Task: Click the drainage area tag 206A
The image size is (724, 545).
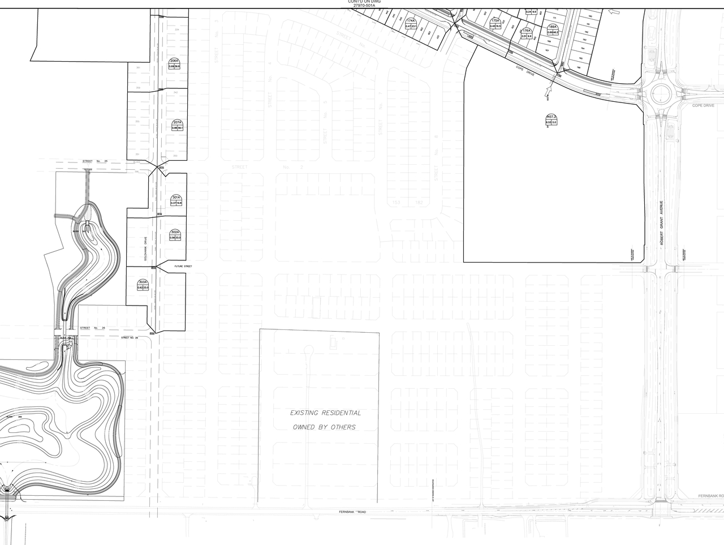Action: pos(174,64)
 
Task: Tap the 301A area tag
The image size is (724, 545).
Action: pos(176,200)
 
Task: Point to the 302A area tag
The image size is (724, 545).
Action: pos(175,235)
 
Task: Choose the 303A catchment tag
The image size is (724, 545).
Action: pos(143,285)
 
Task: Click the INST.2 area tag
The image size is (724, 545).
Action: pos(551,119)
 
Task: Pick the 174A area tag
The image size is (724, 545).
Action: pos(411,24)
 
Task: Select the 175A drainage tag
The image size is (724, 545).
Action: pos(495,23)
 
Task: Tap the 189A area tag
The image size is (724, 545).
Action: pos(553,30)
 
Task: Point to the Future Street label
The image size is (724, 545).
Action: pos(183,266)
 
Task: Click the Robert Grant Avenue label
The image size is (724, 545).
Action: pos(660,222)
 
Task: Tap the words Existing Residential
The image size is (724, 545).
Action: pos(325,413)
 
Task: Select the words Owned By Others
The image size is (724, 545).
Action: pos(324,427)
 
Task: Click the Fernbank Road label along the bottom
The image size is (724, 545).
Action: pos(352,512)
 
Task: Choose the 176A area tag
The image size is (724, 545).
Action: pos(527,33)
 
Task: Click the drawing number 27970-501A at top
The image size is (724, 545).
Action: pos(364,5)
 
